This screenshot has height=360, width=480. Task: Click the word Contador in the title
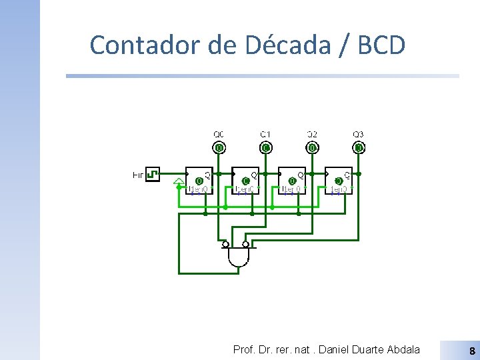click(136, 45)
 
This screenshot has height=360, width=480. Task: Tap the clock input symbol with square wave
click(153, 175)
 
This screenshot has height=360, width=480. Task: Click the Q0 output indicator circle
click(219, 147)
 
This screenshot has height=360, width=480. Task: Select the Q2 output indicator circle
click(312, 147)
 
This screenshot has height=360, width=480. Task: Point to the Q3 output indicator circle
click(359, 147)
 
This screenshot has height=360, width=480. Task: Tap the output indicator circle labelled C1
click(265, 147)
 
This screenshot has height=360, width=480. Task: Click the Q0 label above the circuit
click(219, 135)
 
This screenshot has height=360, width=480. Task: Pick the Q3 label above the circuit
click(359, 135)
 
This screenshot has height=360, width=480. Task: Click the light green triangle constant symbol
click(179, 181)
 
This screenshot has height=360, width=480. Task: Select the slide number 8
click(472, 350)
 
